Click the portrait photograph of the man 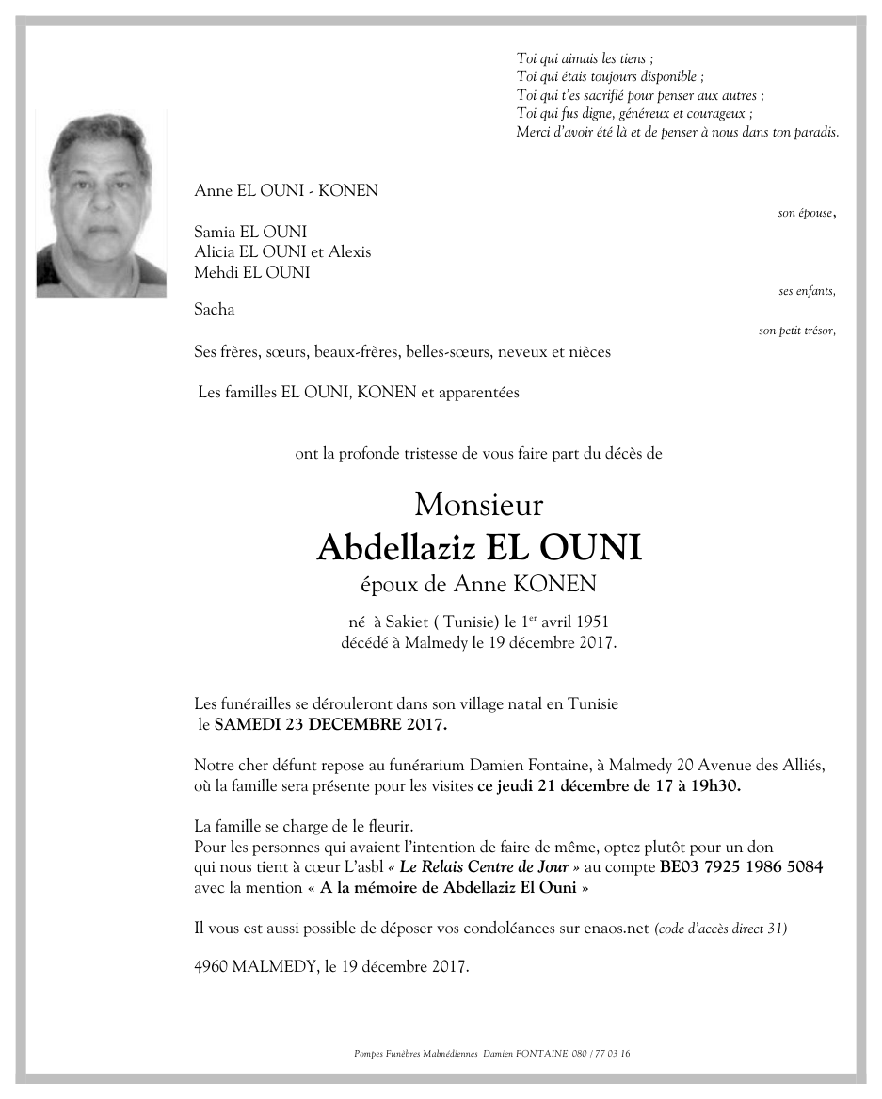coord(101,204)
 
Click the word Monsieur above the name coord(478,505)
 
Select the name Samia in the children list coord(214,232)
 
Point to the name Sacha coord(214,309)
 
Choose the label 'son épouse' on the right coord(805,214)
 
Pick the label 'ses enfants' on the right coord(806,291)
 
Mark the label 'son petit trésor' coord(795,331)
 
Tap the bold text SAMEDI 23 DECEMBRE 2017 coord(330,725)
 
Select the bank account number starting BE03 coord(741,866)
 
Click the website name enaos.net coord(617,928)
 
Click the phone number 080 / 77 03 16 coord(601,1054)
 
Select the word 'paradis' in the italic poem coord(816,133)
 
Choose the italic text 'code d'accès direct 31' coord(721,929)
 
